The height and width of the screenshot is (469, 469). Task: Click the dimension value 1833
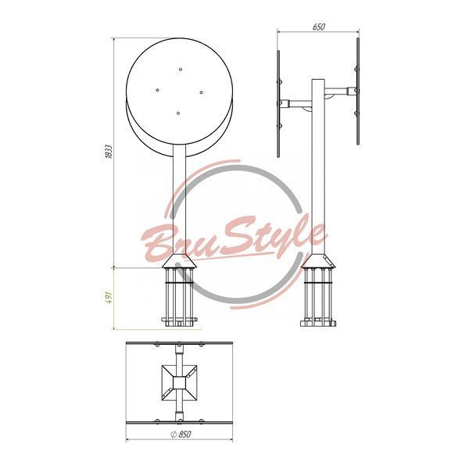[x=109, y=152]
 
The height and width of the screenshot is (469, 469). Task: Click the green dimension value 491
[x=109, y=298]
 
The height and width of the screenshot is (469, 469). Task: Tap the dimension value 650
[x=319, y=27]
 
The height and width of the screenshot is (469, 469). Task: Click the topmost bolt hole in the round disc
[x=181, y=70]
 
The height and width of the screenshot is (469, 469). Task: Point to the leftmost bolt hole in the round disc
[x=157, y=90]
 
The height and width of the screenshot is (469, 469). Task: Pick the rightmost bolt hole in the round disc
[x=202, y=92]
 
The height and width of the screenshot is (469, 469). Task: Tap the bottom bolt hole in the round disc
[x=178, y=113]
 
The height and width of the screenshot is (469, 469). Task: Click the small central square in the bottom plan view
[x=179, y=382]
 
